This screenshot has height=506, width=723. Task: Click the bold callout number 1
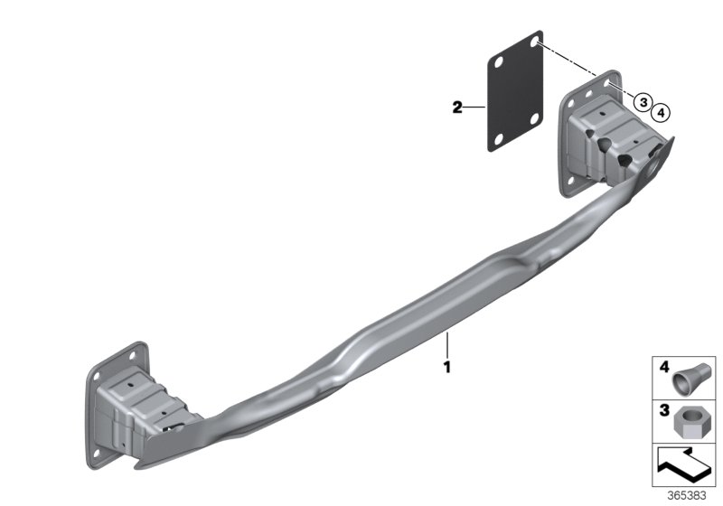[446, 367]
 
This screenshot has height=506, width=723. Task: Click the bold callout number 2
[457, 108]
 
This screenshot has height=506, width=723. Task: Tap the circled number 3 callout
[643, 101]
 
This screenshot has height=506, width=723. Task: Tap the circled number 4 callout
[661, 112]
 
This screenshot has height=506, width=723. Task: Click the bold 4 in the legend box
[664, 367]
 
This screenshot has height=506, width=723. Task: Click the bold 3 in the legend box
[664, 410]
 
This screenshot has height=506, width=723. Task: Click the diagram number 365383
[687, 496]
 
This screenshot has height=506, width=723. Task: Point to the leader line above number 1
[446, 345]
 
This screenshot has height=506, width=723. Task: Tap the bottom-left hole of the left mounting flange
[97, 454]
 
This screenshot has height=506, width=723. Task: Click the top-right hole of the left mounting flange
[133, 355]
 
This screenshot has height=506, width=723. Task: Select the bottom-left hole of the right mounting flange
[571, 181]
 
